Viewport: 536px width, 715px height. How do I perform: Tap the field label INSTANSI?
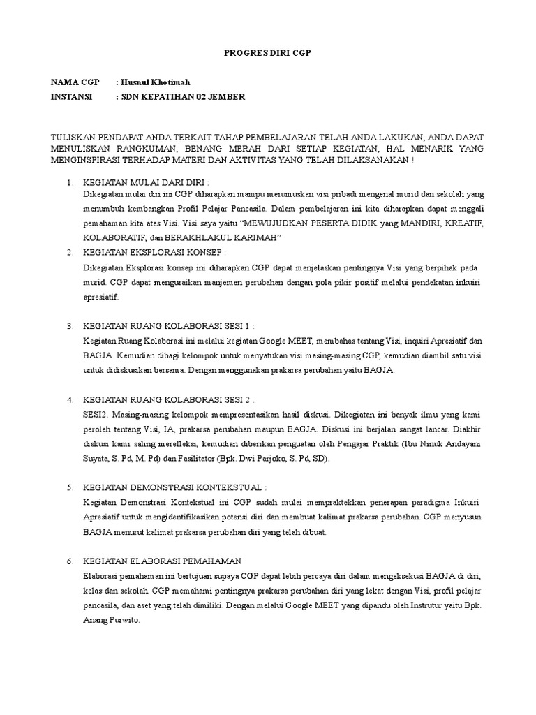tap(72, 97)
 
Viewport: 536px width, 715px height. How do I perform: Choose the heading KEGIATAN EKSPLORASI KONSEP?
tap(154, 252)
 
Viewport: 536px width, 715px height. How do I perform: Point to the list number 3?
tap(70, 326)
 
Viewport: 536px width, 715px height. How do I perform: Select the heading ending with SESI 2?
tap(168, 400)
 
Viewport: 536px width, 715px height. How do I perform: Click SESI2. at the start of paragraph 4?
tap(96, 414)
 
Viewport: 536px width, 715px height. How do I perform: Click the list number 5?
tap(70, 487)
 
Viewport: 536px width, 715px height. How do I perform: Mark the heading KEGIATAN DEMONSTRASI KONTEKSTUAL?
tap(174, 487)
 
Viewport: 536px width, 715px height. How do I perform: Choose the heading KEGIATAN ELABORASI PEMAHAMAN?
tap(162, 561)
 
